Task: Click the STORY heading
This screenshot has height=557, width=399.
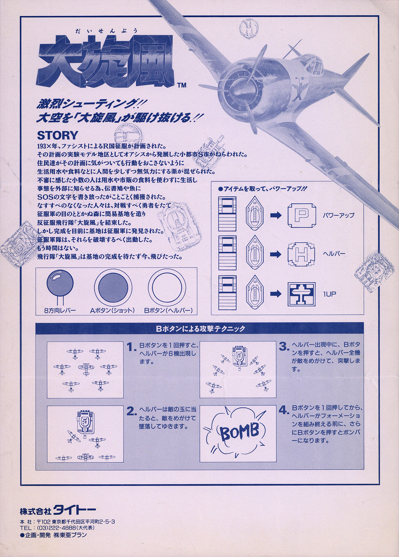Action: coord(57,135)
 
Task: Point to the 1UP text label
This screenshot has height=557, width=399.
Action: coord(329,294)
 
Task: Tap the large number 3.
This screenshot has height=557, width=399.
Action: coord(283,347)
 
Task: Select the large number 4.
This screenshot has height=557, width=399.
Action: coord(283,411)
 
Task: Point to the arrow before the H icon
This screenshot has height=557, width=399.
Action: coord(276,254)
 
